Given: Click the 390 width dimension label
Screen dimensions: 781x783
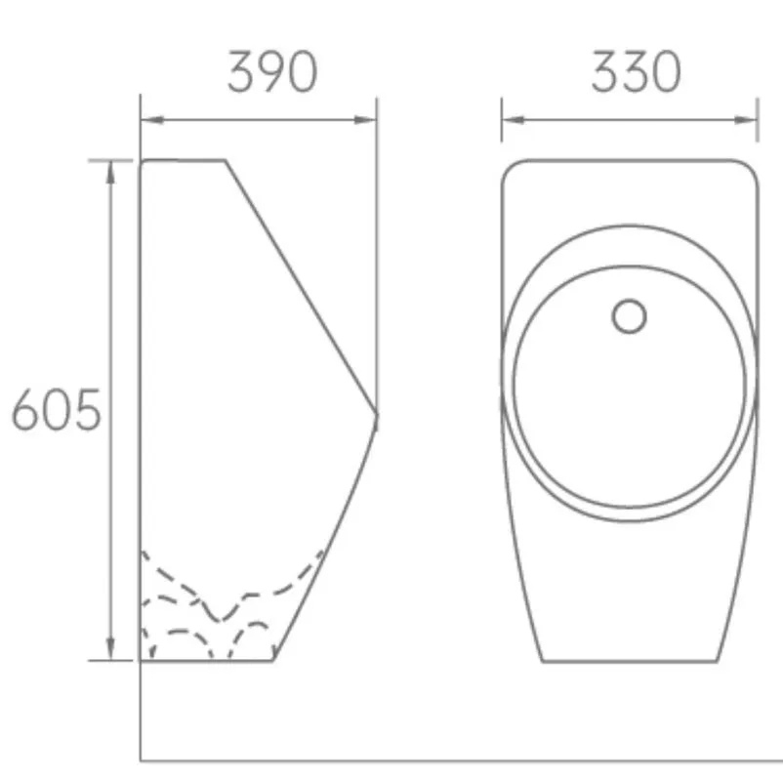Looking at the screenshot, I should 272,72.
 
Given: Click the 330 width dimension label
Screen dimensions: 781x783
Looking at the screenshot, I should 636,72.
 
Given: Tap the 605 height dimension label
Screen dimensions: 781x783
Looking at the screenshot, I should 57,411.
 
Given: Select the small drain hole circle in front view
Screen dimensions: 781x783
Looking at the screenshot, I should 630,315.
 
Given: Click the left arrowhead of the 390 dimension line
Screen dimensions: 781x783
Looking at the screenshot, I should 148,120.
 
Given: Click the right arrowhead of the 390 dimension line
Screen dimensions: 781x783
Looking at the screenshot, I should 368,120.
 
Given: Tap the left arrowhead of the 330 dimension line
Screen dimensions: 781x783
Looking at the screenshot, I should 511,120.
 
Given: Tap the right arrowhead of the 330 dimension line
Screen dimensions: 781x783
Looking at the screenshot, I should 749,120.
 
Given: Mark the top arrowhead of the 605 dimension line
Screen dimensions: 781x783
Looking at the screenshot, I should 111,168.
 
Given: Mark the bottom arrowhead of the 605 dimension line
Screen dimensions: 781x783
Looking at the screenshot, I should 111,651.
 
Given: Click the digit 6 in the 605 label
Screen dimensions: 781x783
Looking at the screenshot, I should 25,411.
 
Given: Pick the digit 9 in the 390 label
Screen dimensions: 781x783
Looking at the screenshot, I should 272,72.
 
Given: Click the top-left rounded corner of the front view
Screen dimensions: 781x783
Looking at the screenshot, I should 510,167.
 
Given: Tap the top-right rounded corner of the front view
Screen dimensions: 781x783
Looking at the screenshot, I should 751,167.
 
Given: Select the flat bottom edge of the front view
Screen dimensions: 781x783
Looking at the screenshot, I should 629,661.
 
